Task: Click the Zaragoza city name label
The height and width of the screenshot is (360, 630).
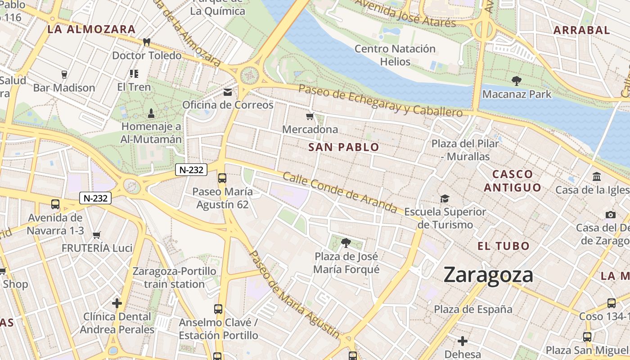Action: (x=488, y=274)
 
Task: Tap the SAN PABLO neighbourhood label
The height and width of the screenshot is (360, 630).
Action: (x=344, y=147)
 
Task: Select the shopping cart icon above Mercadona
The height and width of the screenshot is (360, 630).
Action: (x=310, y=117)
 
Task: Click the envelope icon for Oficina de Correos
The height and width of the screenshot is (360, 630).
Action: (x=228, y=92)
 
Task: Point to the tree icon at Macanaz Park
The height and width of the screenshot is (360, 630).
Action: (x=517, y=81)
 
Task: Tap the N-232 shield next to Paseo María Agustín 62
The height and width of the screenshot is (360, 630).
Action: (x=191, y=170)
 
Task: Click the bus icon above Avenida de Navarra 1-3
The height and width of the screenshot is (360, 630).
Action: (x=55, y=204)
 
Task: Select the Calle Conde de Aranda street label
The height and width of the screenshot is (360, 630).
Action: (x=340, y=193)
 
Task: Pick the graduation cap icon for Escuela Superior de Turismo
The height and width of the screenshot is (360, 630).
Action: (x=445, y=198)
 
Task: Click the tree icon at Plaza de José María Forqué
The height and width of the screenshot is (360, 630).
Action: (x=346, y=243)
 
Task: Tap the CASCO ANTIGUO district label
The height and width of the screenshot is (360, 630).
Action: (x=512, y=181)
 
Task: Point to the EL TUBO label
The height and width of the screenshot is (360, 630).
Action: (x=504, y=246)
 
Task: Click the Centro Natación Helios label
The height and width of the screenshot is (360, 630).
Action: (x=395, y=55)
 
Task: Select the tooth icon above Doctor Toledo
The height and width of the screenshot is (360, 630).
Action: (x=146, y=42)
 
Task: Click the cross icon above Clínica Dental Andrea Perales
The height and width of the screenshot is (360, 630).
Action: (x=117, y=303)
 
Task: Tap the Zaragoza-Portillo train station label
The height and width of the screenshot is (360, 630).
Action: (x=174, y=278)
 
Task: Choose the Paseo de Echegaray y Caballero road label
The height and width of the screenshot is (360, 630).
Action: (x=380, y=100)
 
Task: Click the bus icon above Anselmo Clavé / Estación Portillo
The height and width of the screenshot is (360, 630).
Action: (x=218, y=309)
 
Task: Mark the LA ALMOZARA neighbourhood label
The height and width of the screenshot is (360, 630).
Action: (x=91, y=30)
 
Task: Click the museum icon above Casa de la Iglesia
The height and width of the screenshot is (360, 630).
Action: (x=597, y=176)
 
